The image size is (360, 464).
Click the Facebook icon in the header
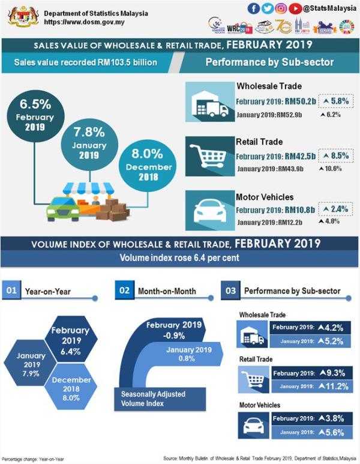[x=253, y=8]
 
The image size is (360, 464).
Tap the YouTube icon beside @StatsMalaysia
[x=295, y=8]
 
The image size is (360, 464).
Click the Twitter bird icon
[x=266, y=8]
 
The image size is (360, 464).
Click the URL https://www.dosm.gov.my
[x=80, y=23]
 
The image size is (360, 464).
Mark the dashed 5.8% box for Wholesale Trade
[x=335, y=102]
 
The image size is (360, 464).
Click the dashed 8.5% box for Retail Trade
[x=335, y=156]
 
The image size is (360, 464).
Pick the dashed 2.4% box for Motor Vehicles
[x=335, y=209]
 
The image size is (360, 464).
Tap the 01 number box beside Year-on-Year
[x=11, y=291]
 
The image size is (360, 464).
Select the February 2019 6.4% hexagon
[x=70, y=340]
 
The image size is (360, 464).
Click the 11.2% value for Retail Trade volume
[x=335, y=386]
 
